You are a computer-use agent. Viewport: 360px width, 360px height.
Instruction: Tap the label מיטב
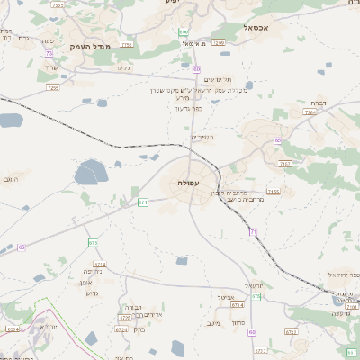coord(213,323)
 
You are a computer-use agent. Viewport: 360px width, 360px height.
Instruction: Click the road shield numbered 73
coord(48,53)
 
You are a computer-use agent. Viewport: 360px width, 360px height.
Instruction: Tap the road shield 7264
coord(310,113)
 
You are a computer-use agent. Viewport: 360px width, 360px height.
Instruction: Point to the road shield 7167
coord(286,164)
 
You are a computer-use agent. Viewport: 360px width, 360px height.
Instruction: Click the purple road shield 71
coord(254,232)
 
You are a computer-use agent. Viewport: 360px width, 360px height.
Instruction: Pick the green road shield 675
coord(93,243)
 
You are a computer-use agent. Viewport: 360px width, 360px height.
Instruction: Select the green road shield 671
coord(142,202)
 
